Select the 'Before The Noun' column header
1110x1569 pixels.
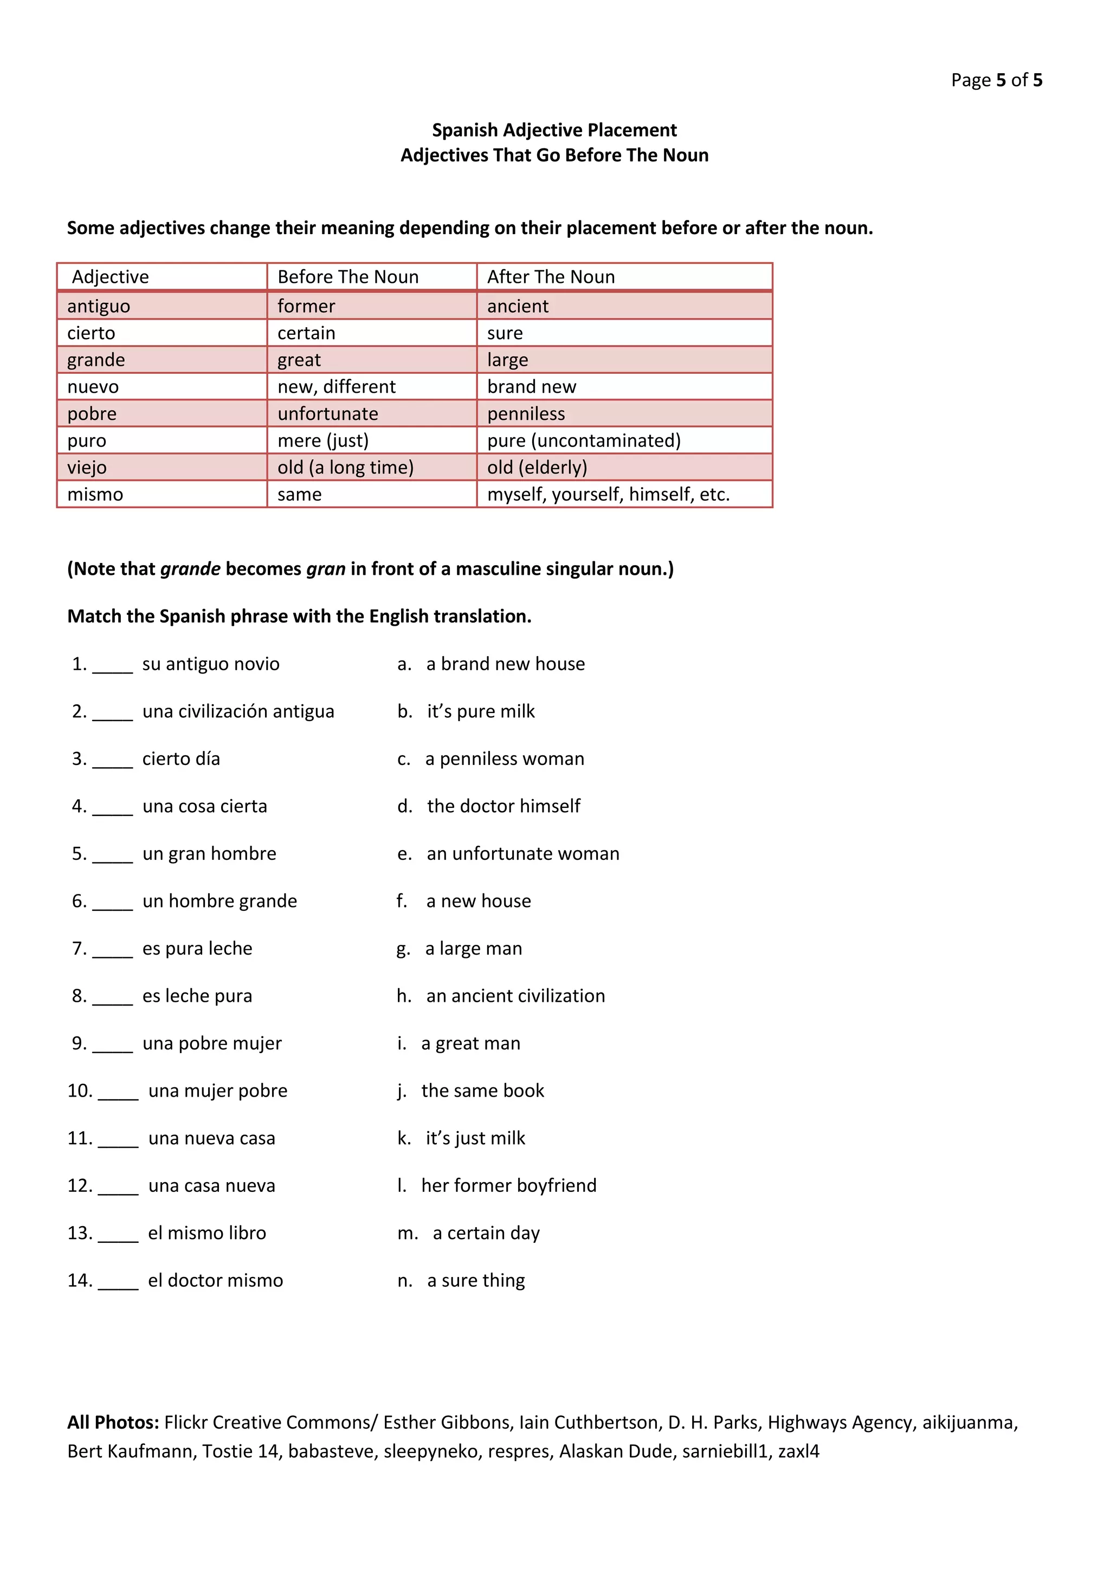coord(347,277)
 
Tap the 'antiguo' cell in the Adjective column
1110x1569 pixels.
coord(99,306)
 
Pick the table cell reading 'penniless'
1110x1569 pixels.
coord(526,413)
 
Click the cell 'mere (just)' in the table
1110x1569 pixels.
coord(322,441)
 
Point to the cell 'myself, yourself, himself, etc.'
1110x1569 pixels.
coord(608,494)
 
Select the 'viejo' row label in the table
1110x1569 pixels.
coord(87,468)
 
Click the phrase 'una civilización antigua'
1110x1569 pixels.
coord(238,711)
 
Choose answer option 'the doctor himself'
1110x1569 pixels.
coord(503,806)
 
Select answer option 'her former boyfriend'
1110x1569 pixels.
coord(508,1185)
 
